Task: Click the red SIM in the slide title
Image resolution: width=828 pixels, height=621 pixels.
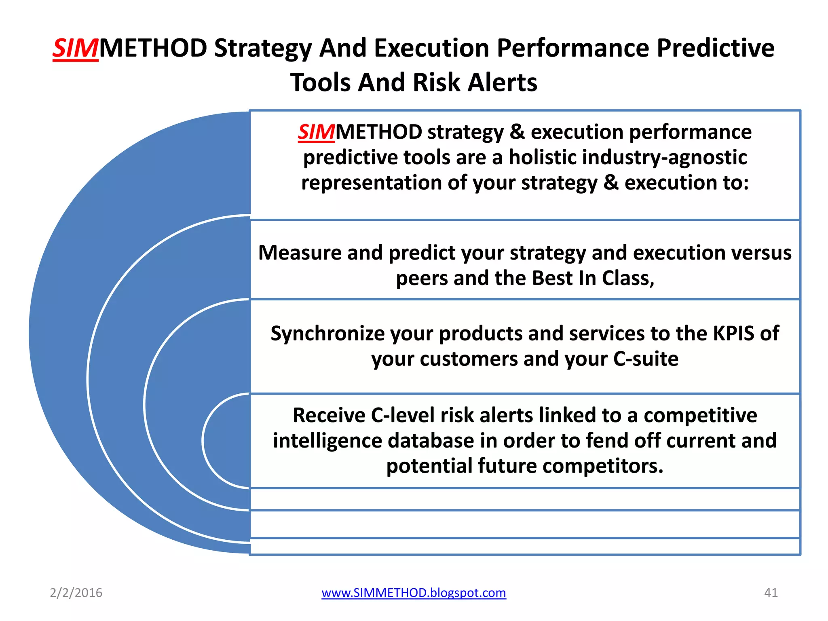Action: tap(76, 49)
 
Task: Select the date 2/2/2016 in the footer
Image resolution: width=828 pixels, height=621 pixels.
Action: tap(76, 593)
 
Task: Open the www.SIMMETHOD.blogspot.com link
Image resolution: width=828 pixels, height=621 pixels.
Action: tap(414, 593)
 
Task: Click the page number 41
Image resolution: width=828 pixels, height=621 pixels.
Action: tap(771, 593)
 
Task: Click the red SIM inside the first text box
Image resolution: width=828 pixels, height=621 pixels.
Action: tap(316, 132)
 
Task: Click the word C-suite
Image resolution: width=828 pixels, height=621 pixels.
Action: tap(646, 359)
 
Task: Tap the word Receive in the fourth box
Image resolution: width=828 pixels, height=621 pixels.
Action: tap(329, 416)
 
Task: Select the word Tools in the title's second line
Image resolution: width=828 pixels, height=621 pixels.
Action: tap(321, 83)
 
